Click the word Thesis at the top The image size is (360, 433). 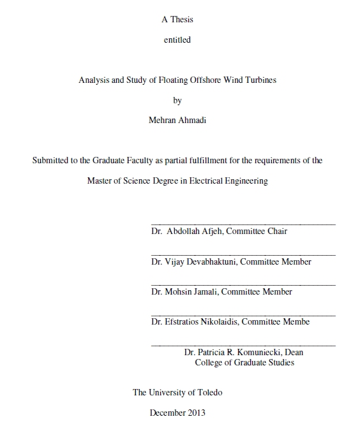coord(182,19)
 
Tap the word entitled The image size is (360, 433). coord(177,40)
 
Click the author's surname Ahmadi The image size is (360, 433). coord(192,120)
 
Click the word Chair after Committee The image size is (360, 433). coord(276,231)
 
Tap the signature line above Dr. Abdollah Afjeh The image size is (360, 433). coord(243,224)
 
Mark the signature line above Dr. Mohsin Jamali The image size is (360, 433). coord(243,284)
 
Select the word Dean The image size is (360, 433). coord(294,352)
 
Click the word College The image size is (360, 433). coord(209,362)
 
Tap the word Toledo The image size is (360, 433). coord(207,392)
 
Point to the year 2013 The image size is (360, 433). coord(197,413)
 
